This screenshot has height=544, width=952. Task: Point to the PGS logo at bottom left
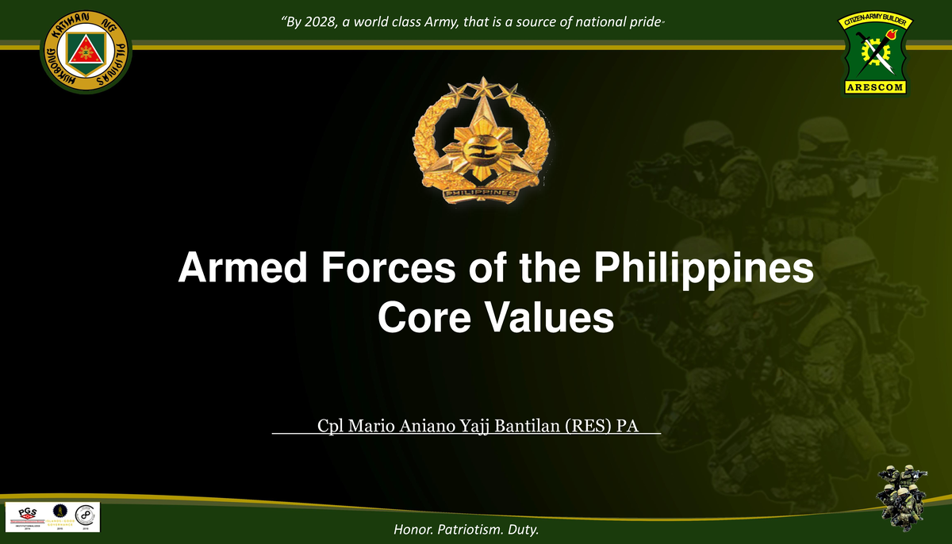click(x=26, y=515)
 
